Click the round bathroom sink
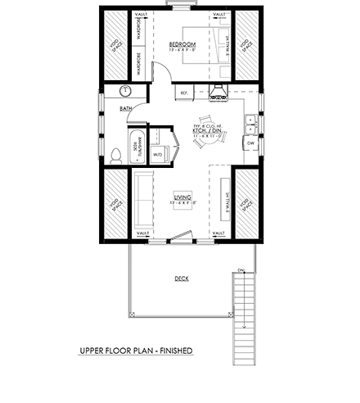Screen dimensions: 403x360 pos(127,92)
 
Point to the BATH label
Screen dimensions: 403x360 pos(126,107)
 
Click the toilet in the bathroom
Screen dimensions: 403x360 pos(115,154)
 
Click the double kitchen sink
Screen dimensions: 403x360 pos(250,125)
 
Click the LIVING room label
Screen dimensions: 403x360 pos(182,196)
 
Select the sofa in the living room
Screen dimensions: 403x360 pos(144,201)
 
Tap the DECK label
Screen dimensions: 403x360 pos(181,278)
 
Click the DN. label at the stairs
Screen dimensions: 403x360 pos(241,269)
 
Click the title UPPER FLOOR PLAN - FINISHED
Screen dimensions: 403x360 pos(136,351)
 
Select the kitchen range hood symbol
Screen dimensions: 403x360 pos(218,92)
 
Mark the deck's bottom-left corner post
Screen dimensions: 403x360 pos(128,316)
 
